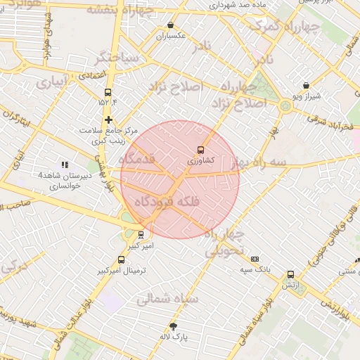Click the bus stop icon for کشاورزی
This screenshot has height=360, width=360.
tap(201, 150)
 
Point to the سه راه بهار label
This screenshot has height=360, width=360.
tap(261, 162)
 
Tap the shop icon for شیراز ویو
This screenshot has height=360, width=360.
tap(307, 85)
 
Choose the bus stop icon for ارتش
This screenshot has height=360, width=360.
tap(290, 275)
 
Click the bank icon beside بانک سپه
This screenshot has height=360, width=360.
tap(254, 259)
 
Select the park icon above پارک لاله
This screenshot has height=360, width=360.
tap(173, 326)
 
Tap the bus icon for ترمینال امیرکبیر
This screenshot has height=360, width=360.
tap(122, 260)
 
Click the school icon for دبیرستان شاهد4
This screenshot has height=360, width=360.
tap(65, 165)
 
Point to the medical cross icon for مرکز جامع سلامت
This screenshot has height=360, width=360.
tap(108, 120)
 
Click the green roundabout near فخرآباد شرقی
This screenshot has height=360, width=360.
tap(285, 106)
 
